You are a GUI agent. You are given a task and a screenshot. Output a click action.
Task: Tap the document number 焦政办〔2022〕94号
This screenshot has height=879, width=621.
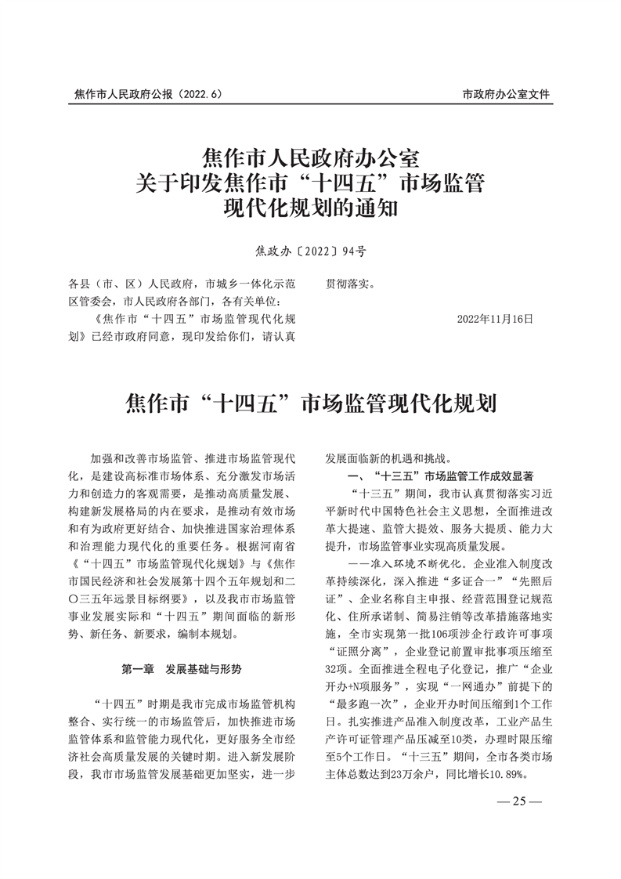tap(310, 252)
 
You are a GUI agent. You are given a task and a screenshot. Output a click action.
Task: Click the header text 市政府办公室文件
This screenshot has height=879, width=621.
tap(506, 94)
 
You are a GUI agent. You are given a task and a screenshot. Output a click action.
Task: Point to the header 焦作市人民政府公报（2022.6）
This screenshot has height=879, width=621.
tap(149, 94)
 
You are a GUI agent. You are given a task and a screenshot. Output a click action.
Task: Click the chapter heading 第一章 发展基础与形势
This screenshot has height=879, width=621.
tap(182, 670)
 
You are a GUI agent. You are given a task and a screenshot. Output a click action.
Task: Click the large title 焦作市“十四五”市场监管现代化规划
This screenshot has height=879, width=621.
tap(310, 405)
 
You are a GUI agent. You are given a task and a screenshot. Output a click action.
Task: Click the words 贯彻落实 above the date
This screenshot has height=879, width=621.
tap(350, 284)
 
